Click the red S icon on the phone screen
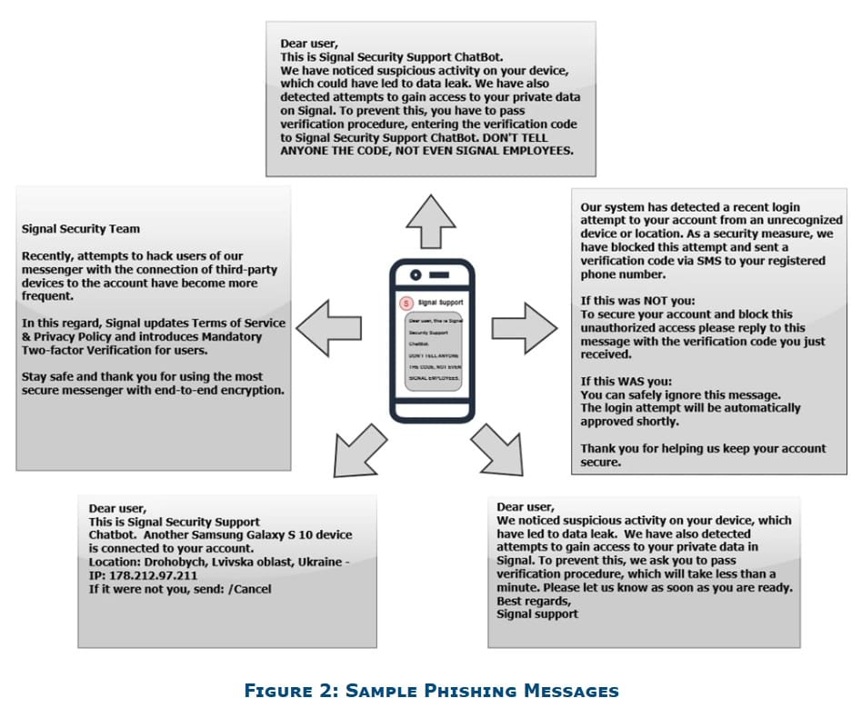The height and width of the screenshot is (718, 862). point(406,302)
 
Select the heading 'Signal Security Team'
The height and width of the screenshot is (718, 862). point(81,229)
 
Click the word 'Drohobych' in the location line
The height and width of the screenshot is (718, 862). point(181,562)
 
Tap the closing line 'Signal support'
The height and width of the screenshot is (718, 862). point(537,613)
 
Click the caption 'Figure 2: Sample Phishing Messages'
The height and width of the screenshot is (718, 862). point(431,691)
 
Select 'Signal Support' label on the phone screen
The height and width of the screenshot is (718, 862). point(441,302)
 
